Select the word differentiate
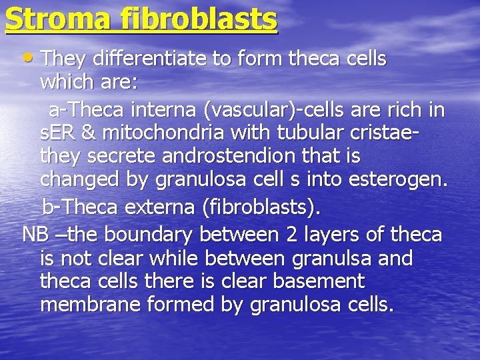[x=151, y=59]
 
